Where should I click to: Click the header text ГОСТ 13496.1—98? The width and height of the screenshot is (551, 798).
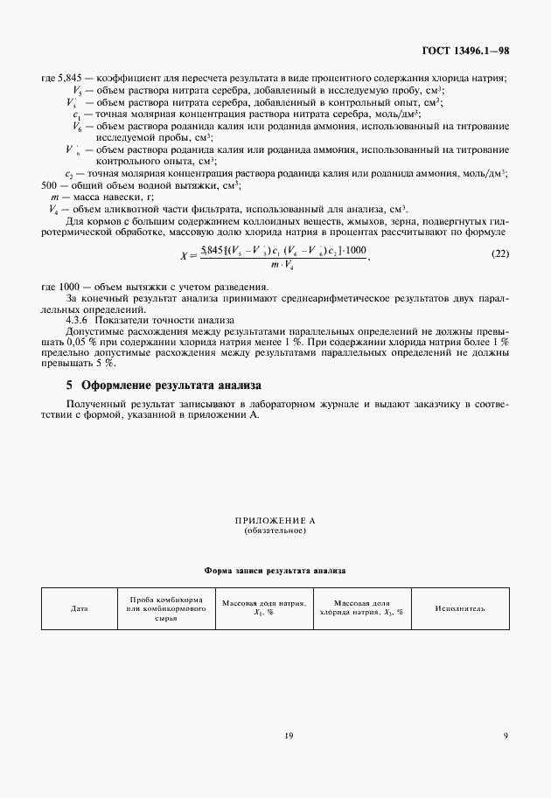point(465,51)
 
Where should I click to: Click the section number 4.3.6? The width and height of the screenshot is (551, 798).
point(80,319)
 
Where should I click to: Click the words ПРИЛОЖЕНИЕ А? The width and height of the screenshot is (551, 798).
point(275,520)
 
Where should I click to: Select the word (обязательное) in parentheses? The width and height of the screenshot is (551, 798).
point(275,531)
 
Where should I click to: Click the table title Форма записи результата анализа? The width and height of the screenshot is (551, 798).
point(275,570)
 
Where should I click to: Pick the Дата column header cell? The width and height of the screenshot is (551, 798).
point(79,608)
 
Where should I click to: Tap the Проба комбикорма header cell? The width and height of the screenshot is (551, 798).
point(166,608)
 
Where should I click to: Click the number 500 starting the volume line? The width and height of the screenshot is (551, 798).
point(51,186)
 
